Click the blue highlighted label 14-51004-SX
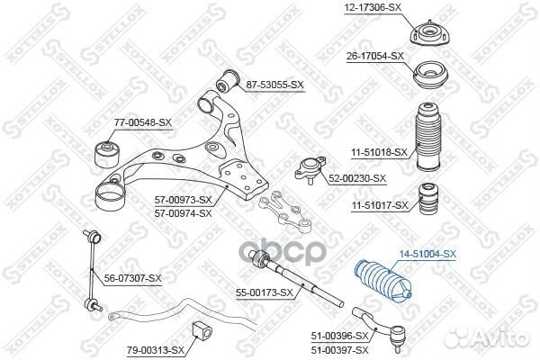pyautogui.click(x=429, y=256)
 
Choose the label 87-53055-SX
pyautogui.click(x=275, y=85)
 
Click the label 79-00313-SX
pyautogui.click(x=155, y=349)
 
